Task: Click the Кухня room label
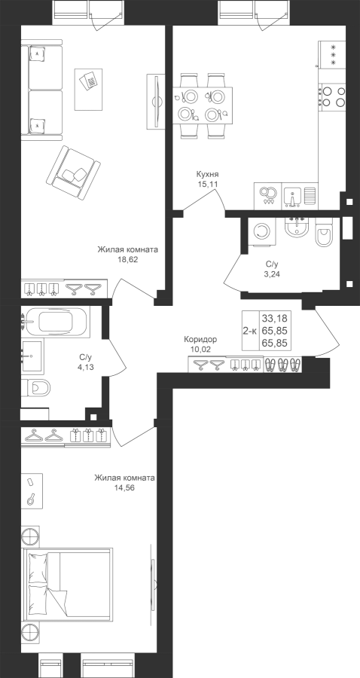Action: pyautogui.click(x=207, y=175)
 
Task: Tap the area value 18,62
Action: pyautogui.click(x=127, y=260)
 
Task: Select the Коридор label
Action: pyautogui.click(x=200, y=340)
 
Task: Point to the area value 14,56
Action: pyautogui.click(x=124, y=487)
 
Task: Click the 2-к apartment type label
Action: pyautogui.click(x=250, y=331)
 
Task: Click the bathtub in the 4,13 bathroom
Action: pyautogui.click(x=56, y=322)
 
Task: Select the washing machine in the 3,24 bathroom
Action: pyautogui.click(x=261, y=231)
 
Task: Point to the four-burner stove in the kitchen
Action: pyautogui.click(x=333, y=96)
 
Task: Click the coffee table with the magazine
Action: pyautogui.click(x=89, y=90)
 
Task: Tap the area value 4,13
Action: pyautogui.click(x=86, y=367)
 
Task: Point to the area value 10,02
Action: pyautogui.click(x=200, y=349)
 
